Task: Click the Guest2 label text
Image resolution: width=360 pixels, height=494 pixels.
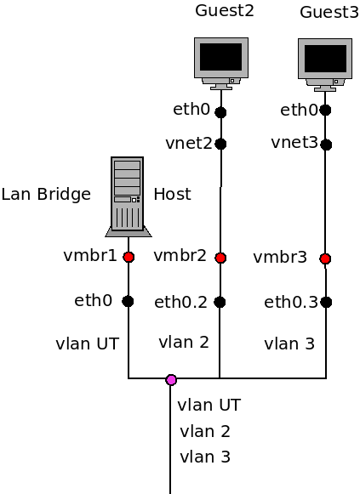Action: pyautogui.click(x=225, y=11)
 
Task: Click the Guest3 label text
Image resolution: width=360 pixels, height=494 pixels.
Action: pyautogui.click(x=329, y=13)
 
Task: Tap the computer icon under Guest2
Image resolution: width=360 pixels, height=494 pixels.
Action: pyautogui.click(x=221, y=62)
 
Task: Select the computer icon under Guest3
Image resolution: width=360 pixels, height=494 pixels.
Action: pyautogui.click(x=325, y=64)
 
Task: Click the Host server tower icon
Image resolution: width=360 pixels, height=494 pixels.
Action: pyautogui.click(x=128, y=196)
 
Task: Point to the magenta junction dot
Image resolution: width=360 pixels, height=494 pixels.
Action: pyautogui.click(x=171, y=380)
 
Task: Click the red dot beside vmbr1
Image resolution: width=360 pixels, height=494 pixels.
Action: pyautogui.click(x=129, y=257)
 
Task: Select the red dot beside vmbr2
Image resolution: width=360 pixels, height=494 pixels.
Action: pyautogui.click(x=220, y=258)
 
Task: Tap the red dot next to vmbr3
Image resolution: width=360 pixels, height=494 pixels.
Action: pyautogui.click(x=325, y=258)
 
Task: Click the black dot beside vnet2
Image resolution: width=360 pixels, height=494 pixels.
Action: pyautogui.click(x=220, y=144)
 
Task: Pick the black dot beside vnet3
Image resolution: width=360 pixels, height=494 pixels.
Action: pyautogui.click(x=326, y=145)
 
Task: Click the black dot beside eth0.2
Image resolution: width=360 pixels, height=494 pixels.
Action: pyautogui.click(x=220, y=302)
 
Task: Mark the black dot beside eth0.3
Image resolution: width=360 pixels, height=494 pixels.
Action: pyautogui.click(x=326, y=302)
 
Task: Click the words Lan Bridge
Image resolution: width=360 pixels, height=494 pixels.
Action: pyautogui.click(x=46, y=195)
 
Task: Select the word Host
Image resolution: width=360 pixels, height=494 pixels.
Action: pyautogui.click(x=172, y=195)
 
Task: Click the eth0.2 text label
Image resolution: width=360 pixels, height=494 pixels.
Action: pyautogui.click(x=180, y=302)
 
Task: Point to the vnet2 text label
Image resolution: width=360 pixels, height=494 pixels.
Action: pyautogui.click(x=189, y=143)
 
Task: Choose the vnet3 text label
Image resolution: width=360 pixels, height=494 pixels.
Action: pyautogui.click(x=294, y=142)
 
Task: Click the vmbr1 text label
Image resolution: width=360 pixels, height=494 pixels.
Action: pyautogui.click(x=90, y=255)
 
